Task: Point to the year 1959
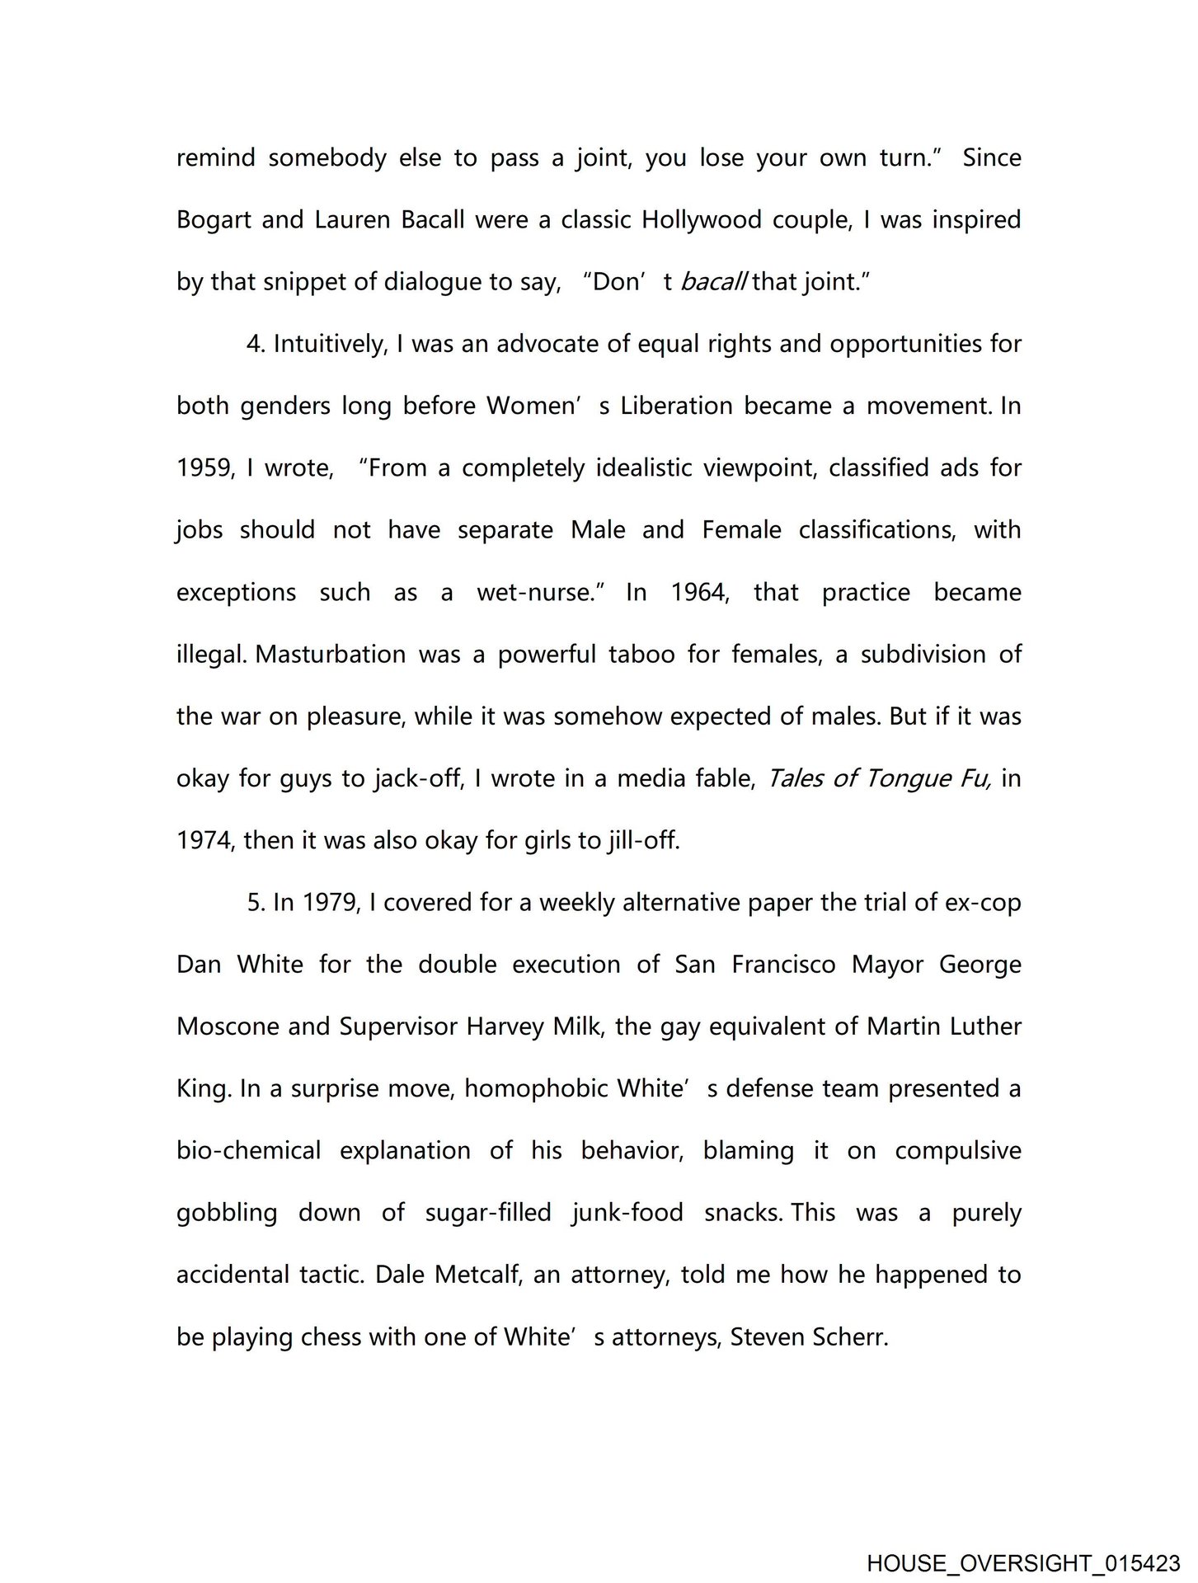point(206,469)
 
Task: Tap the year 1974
point(206,841)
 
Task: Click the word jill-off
point(642,841)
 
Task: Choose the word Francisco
point(783,965)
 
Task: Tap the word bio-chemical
point(248,1151)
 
